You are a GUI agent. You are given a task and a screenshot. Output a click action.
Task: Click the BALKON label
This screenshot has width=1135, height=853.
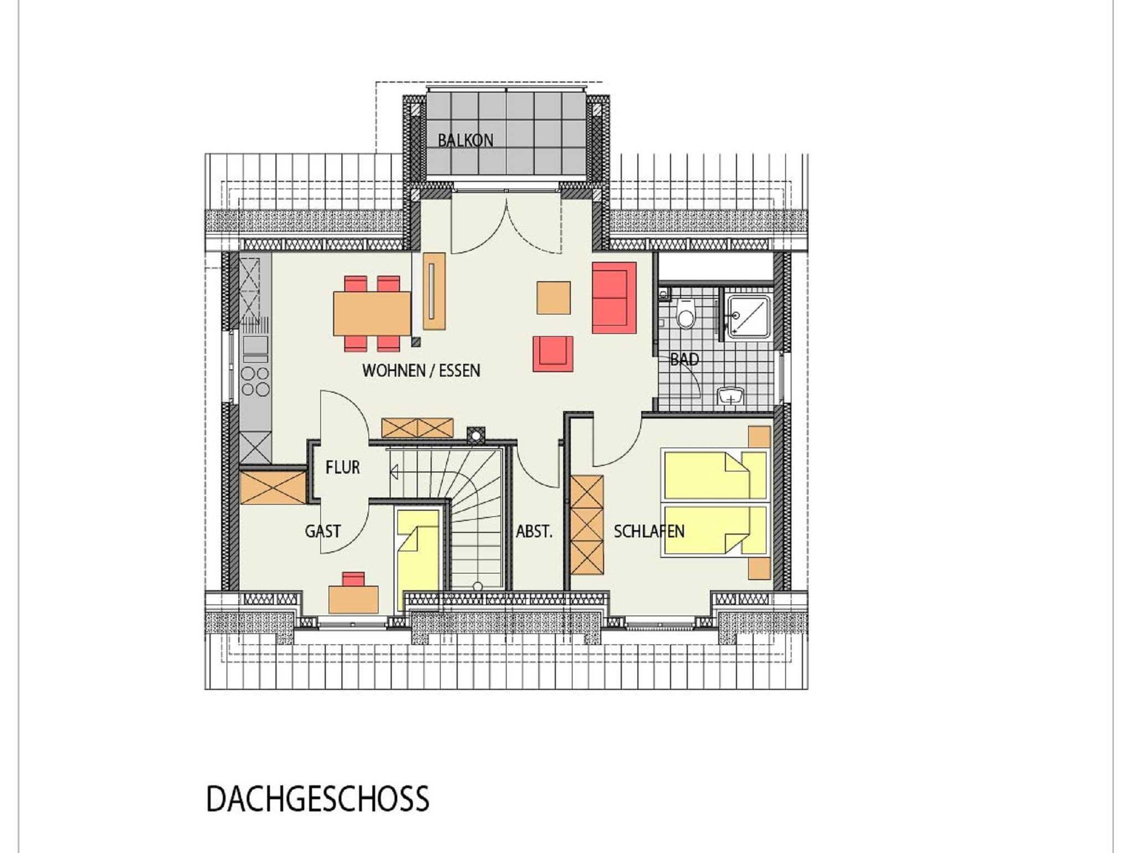click(x=466, y=140)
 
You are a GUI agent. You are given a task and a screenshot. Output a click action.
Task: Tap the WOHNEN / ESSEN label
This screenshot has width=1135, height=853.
click(x=421, y=370)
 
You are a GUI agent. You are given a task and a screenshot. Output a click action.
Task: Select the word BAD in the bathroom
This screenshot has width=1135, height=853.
click(x=684, y=359)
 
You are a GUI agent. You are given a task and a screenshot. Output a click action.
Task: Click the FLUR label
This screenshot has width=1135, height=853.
click(x=342, y=468)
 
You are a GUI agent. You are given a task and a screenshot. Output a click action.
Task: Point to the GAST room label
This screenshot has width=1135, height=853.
click(x=323, y=531)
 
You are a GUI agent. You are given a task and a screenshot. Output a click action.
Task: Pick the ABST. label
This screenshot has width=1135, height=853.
click(x=534, y=532)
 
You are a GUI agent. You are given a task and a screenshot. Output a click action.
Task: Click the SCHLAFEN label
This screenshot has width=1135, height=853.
click(x=649, y=531)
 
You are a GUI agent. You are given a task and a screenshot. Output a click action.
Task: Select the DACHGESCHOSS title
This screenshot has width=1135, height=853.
click(x=318, y=799)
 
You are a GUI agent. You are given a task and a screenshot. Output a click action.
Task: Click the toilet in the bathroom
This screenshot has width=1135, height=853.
click(x=686, y=314)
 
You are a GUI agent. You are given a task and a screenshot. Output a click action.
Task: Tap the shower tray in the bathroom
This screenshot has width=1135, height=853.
click(x=749, y=317)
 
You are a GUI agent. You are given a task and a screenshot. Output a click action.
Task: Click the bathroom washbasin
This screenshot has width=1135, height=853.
click(x=731, y=396)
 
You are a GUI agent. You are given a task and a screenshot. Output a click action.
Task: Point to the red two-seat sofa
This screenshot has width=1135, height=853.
click(x=614, y=298)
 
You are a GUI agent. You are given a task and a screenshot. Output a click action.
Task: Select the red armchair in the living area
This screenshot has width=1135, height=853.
click(x=553, y=354)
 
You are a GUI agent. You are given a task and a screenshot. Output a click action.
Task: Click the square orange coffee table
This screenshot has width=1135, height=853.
click(x=554, y=298)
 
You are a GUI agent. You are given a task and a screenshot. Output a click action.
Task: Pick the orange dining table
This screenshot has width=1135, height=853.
click(x=372, y=314)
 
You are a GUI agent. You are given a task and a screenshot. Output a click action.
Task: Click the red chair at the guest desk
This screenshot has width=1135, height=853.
click(x=354, y=579)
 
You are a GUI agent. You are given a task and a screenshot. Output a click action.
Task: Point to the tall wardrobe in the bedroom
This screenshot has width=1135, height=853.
click(x=587, y=525)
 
